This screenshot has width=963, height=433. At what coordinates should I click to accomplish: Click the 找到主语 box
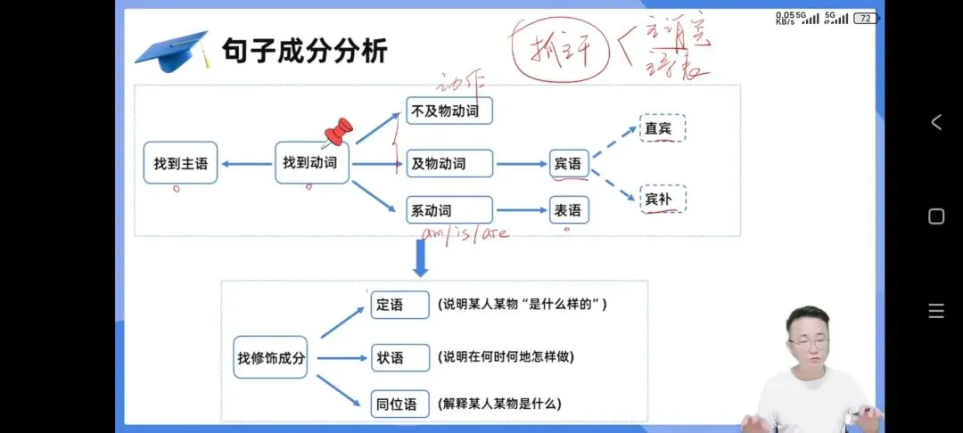(180, 163)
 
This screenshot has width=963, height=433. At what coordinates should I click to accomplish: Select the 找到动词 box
(311, 163)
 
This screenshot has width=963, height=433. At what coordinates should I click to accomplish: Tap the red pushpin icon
(339, 132)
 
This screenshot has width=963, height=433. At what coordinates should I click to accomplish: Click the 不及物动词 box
(449, 111)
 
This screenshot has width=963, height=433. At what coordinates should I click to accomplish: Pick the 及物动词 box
(449, 163)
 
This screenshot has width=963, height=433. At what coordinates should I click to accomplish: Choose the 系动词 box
(449, 210)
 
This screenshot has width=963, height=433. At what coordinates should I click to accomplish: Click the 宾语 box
(568, 163)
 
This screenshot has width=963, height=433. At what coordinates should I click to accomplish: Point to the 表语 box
(568, 210)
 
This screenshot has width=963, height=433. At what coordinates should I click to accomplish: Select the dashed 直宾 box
(663, 128)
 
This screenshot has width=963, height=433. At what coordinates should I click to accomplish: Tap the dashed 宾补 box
(663, 199)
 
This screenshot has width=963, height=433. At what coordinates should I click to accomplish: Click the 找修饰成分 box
(271, 358)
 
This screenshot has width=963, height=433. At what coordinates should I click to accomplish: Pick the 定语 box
(399, 304)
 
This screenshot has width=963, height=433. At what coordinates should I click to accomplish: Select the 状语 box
(399, 358)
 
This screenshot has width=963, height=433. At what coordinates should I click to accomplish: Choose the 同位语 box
(399, 404)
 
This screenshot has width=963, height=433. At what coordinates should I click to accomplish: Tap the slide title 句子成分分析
(304, 50)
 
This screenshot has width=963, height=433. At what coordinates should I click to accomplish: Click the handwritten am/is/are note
(465, 233)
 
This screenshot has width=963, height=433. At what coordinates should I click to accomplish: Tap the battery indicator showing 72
(865, 18)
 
